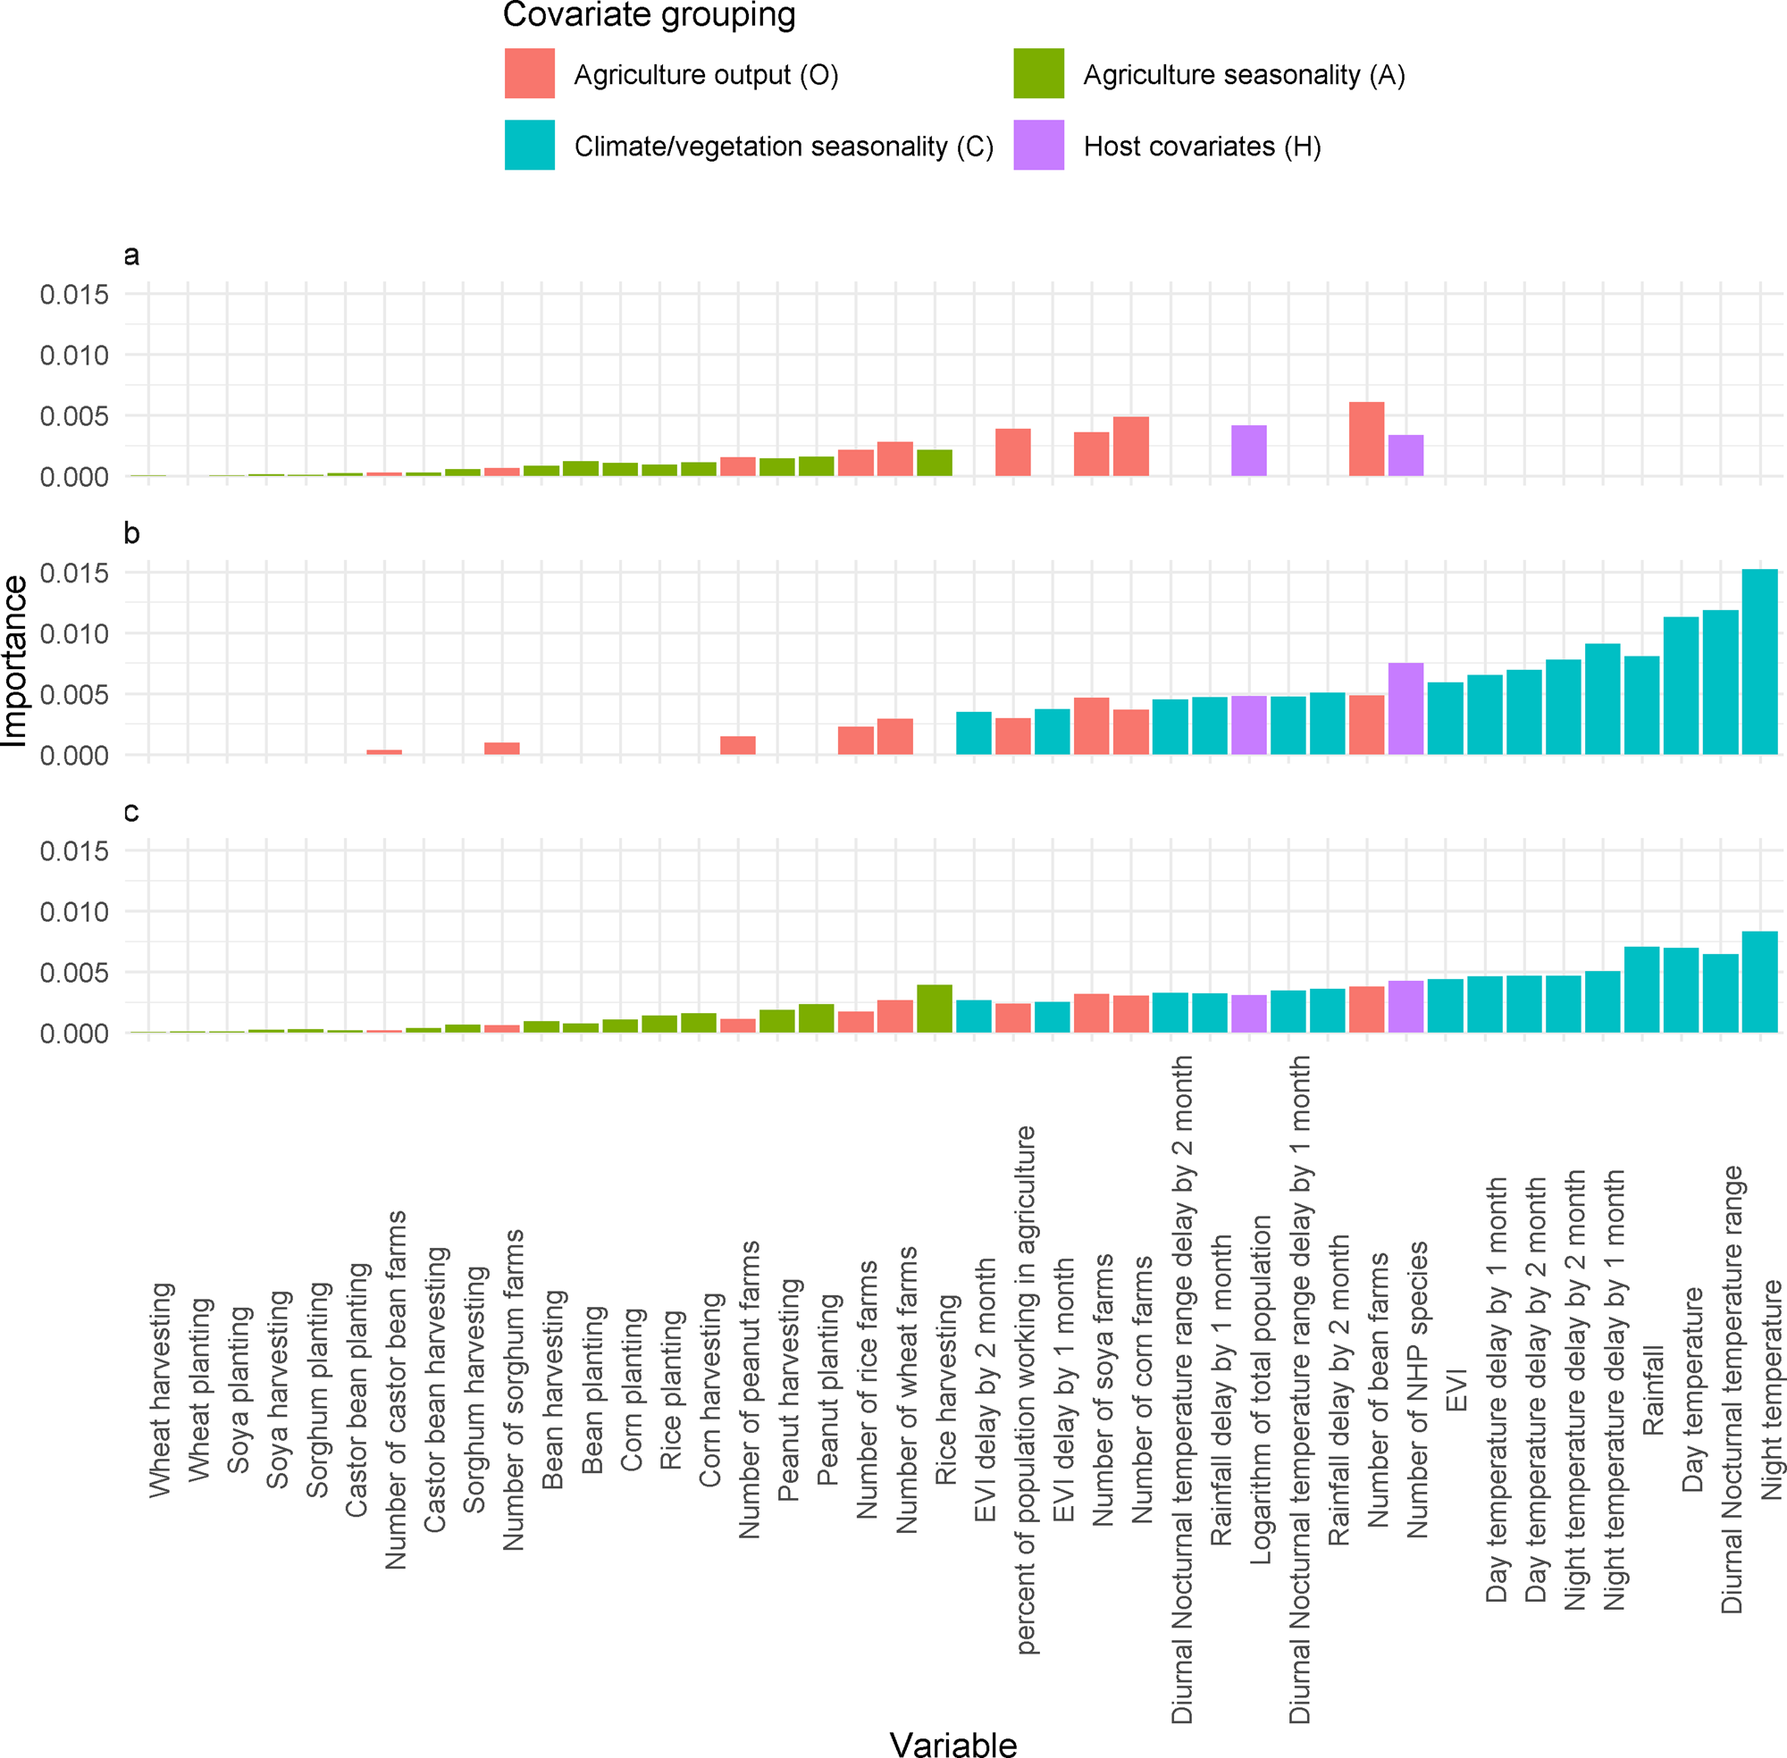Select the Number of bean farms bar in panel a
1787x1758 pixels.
coord(1366,439)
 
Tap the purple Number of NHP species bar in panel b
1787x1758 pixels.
coord(1405,709)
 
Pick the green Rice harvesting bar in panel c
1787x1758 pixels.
coord(934,1009)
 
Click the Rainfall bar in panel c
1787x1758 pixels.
coord(1641,990)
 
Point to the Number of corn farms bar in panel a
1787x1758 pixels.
coord(1130,447)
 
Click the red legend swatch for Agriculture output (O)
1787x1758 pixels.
coord(529,74)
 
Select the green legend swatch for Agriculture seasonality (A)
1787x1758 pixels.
coord(1038,74)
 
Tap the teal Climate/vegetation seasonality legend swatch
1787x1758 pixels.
coord(529,145)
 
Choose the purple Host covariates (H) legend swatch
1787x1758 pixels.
coord(1038,145)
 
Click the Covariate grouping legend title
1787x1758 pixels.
coord(649,15)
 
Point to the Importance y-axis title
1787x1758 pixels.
coord(15,660)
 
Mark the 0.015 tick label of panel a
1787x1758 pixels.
coord(74,295)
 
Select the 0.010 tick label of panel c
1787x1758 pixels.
coord(74,912)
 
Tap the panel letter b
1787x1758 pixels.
coord(131,533)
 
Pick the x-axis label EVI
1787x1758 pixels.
coord(1456,1390)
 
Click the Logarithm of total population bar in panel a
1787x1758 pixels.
coord(1248,451)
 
